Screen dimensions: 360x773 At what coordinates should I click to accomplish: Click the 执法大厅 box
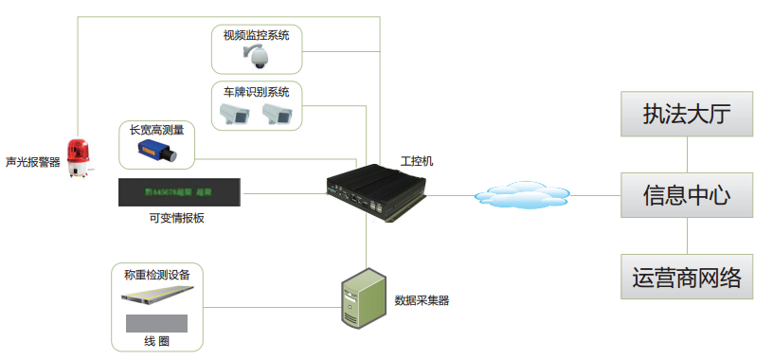(686, 115)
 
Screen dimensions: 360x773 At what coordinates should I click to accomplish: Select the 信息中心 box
(686, 196)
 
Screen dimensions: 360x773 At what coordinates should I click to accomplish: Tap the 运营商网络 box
(686, 278)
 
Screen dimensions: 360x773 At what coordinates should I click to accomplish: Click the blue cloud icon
(517, 195)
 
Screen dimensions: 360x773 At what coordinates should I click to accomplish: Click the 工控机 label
(417, 161)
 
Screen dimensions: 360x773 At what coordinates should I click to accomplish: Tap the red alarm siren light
(79, 157)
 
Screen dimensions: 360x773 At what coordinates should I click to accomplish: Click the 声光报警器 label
(32, 162)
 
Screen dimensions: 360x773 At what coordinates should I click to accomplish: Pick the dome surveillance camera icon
(256, 58)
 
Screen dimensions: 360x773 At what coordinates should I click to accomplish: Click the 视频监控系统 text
(256, 36)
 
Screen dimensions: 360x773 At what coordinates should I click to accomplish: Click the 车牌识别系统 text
(256, 92)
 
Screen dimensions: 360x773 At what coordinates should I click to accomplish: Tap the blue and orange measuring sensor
(154, 151)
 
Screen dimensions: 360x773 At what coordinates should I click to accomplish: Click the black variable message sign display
(179, 193)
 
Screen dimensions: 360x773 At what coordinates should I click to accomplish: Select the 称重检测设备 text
(157, 275)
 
